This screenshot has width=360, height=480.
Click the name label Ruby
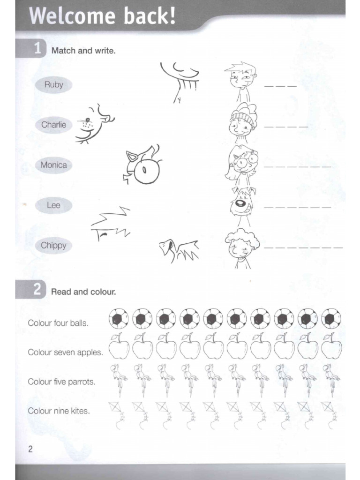[54, 85]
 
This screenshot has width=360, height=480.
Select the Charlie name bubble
[54, 125]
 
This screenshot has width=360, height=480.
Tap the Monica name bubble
[54, 165]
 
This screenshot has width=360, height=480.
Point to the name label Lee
[54, 205]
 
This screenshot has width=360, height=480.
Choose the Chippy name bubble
[54, 245]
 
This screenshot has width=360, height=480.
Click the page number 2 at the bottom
[30, 449]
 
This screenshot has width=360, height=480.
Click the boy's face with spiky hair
[241, 77]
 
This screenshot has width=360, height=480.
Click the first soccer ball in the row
[119, 319]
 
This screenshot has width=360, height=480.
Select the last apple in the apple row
[331, 348]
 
